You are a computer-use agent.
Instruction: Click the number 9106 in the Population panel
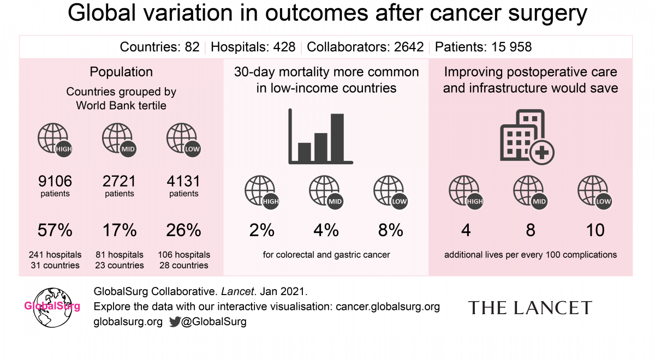(55, 181)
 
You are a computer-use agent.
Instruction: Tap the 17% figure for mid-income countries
(120, 230)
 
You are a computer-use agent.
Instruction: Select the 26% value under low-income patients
(184, 230)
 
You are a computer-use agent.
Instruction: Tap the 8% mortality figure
(391, 230)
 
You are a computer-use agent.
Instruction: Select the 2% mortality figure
(262, 230)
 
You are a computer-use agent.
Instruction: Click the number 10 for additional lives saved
(595, 230)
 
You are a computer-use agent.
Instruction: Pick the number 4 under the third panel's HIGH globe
(466, 230)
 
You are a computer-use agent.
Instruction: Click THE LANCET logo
(529, 308)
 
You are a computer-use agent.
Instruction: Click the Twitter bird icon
(174, 322)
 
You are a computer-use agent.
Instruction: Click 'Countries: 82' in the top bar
(159, 47)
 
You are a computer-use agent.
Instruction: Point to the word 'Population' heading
(121, 72)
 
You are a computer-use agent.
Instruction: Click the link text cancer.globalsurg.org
(388, 307)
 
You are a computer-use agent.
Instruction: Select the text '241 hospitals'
(55, 255)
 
